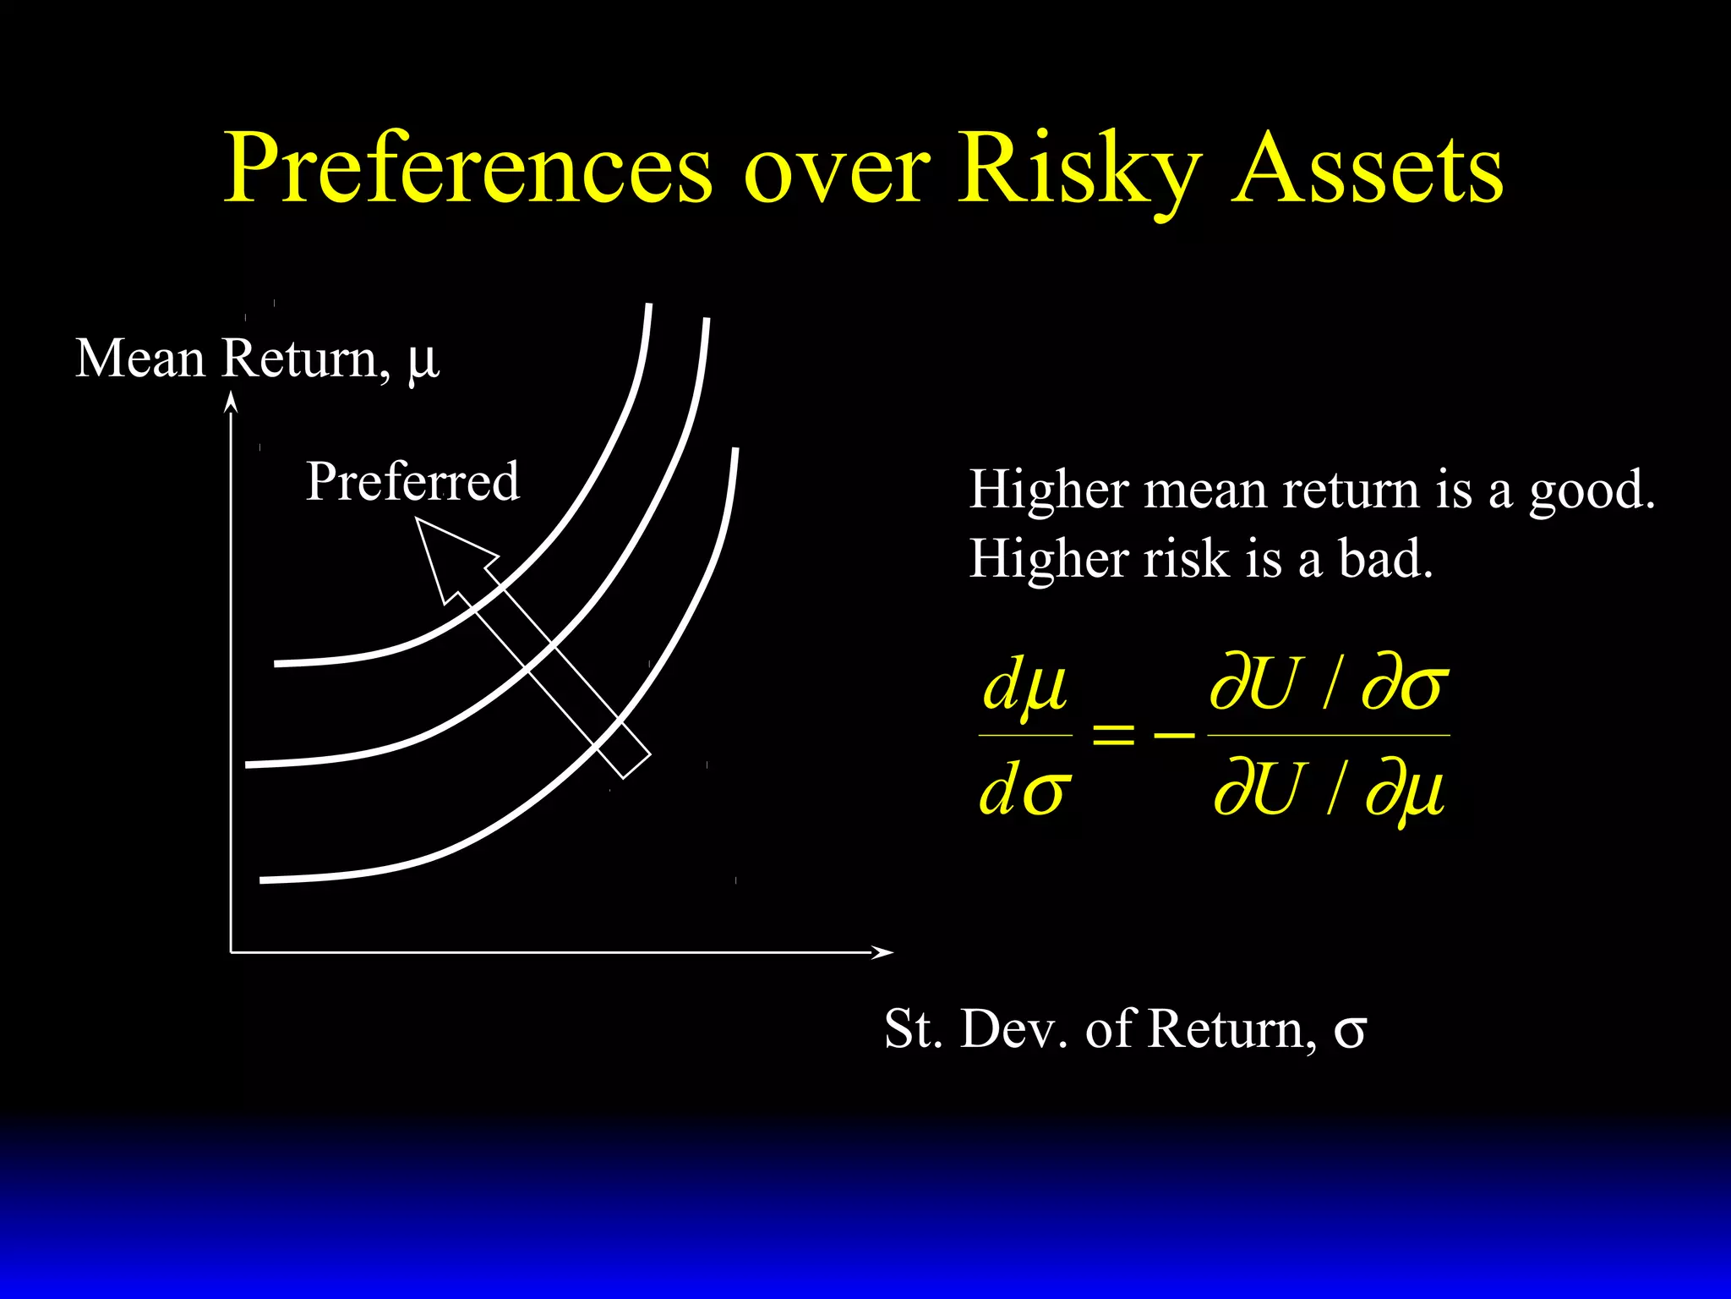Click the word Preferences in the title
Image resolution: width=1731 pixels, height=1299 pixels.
pyautogui.click(x=468, y=168)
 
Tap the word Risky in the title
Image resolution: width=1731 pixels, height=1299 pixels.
pyautogui.click(x=1078, y=168)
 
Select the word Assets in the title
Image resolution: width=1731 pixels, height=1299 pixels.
pyautogui.click(x=1367, y=168)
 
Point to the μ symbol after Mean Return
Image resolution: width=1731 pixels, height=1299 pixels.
pyautogui.click(x=423, y=361)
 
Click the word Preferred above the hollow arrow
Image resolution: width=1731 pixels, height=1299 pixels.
pyautogui.click(x=412, y=481)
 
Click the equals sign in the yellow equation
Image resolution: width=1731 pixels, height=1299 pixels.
pyautogui.click(x=1113, y=734)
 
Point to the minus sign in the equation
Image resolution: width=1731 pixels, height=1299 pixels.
pyautogui.click(x=1175, y=734)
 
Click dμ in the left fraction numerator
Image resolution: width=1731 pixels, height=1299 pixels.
pyautogui.click(x=1024, y=685)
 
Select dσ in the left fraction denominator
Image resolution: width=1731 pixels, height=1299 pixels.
pyautogui.click(x=1024, y=791)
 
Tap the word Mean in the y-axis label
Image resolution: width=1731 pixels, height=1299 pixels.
pyautogui.click(x=140, y=359)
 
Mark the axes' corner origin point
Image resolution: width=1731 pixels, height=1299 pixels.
pyautogui.click(x=231, y=952)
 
